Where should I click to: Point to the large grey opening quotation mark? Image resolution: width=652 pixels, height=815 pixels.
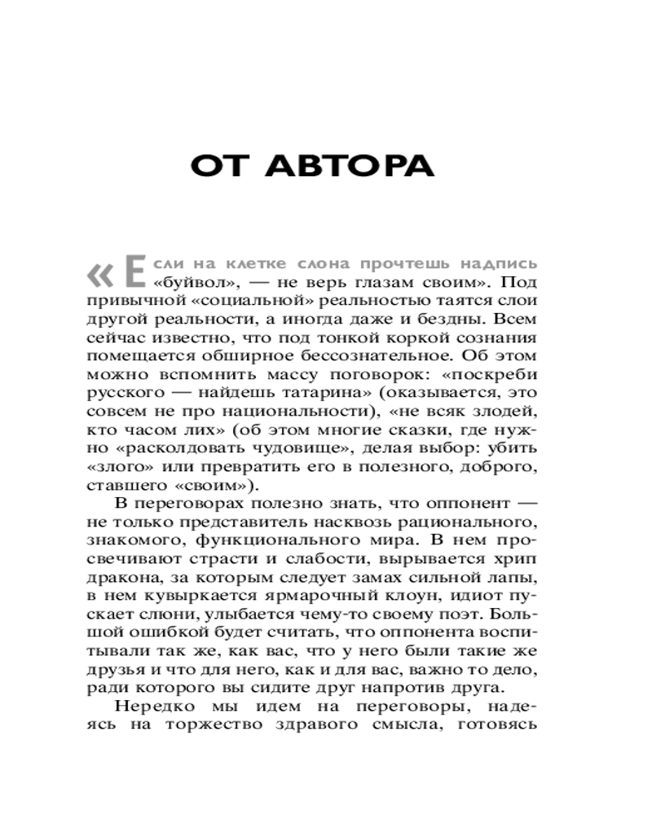(x=103, y=275)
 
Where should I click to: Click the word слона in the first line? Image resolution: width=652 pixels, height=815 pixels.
(x=297, y=266)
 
